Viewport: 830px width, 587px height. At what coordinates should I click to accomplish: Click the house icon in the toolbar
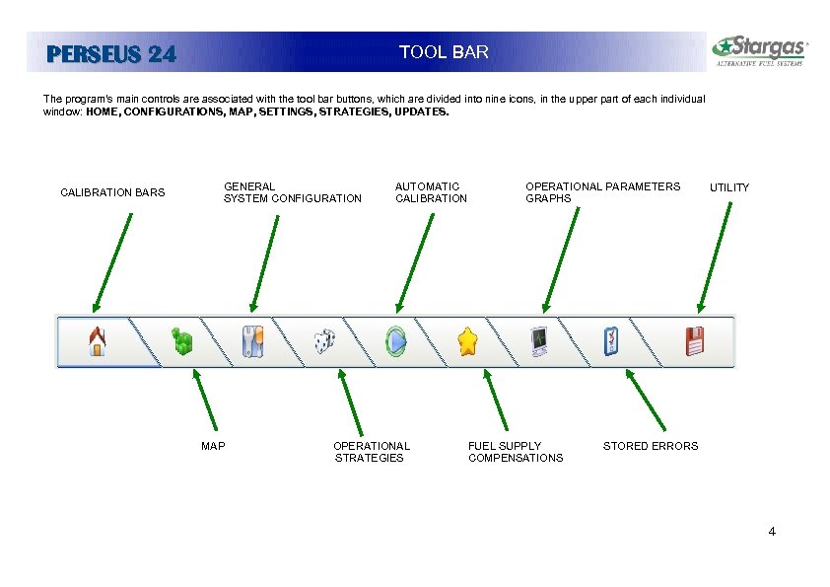click(x=97, y=341)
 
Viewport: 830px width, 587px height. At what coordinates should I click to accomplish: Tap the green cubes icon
click(x=181, y=341)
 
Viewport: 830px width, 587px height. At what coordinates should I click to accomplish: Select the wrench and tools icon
click(x=252, y=341)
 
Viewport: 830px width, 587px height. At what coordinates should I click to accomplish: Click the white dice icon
click(x=324, y=341)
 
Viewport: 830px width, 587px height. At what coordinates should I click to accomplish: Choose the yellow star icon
click(x=467, y=341)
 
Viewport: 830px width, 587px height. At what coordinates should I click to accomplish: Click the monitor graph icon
click(x=539, y=341)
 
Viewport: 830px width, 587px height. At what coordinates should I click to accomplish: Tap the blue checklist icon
click(x=611, y=341)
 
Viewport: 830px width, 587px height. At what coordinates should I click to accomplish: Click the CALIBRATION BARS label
click(x=112, y=192)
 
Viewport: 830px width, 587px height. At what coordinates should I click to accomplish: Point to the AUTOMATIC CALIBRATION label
click(x=431, y=192)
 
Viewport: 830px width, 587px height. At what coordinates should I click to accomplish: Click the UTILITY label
click(x=729, y=187)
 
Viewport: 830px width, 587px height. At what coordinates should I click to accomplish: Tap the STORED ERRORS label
click(x=650, y=446)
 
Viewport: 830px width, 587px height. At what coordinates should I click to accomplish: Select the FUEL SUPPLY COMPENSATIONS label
click(x=516, y=452)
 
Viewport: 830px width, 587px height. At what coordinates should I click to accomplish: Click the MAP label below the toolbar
click(x=213, y=446)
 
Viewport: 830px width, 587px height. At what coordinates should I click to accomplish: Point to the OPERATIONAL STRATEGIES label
click(x=371, y=452)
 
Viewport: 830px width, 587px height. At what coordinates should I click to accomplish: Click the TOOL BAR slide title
click(x=444, y=52)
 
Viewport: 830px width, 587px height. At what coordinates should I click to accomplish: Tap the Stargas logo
click(x=760, y=50)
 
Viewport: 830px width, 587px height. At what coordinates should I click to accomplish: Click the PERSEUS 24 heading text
click(x=111, y=55)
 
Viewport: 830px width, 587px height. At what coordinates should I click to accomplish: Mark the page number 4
click(x=772, y=533)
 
